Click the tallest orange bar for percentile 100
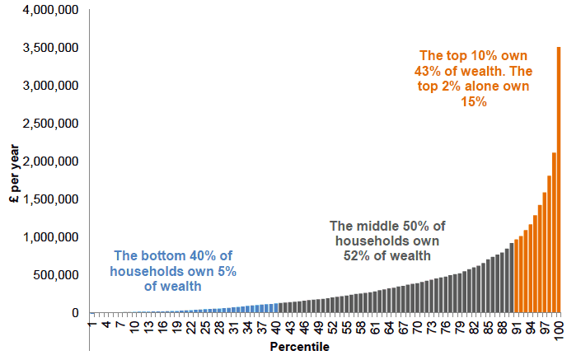tap(559, 180)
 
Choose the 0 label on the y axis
tap(75, 313)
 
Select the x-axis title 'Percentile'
tap(300, 347)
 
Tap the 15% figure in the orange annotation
tap(474, 102)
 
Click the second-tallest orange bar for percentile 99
tap(554, 233)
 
